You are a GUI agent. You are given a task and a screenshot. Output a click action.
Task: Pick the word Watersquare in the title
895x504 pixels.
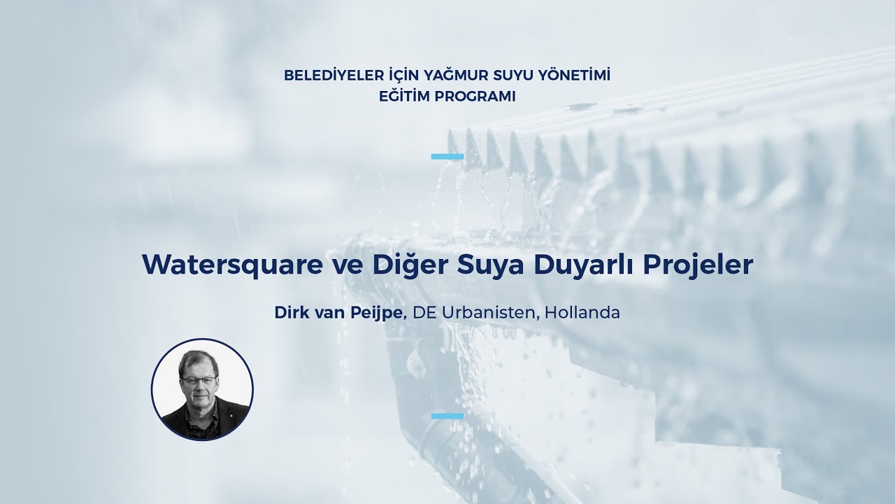[x=233, y=265]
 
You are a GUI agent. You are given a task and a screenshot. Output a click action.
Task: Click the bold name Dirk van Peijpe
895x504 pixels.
[x=340, y=313]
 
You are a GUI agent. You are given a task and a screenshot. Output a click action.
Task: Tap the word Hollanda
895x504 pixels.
[x=582, y=313]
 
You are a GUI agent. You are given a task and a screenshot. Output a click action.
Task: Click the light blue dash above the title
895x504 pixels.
[x=447, y=156]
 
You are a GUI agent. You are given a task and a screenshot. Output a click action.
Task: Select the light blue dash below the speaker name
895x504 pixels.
[x=447, y=416]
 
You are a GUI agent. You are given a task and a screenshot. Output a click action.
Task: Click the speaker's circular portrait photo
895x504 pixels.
[x=202, y=390]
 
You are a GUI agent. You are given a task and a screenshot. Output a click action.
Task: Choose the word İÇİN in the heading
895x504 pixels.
[x=403, y=75]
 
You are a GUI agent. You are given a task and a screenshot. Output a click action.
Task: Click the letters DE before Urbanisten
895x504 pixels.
[x=424, y=313]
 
